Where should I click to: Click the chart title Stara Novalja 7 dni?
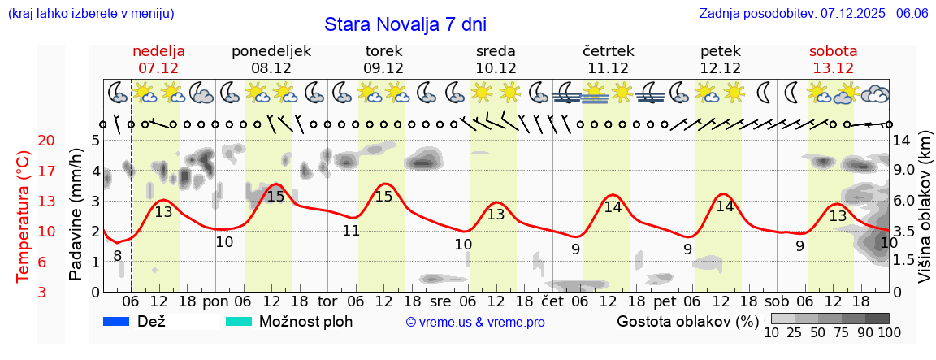(x=405, y=24)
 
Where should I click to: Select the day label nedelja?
(x=159, y=51)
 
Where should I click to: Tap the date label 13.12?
(x=833, y=68)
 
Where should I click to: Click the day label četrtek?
(x=608, y=51)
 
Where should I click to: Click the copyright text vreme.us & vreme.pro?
(x=475, y=323)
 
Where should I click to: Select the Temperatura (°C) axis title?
(x=24, y=217)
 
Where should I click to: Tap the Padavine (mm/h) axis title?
(x=76, y=215)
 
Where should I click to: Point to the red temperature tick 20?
(x=24, y=141)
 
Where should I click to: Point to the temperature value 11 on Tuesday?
(x=351, y=231)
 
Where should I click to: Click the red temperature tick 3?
(x=24, y=292)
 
